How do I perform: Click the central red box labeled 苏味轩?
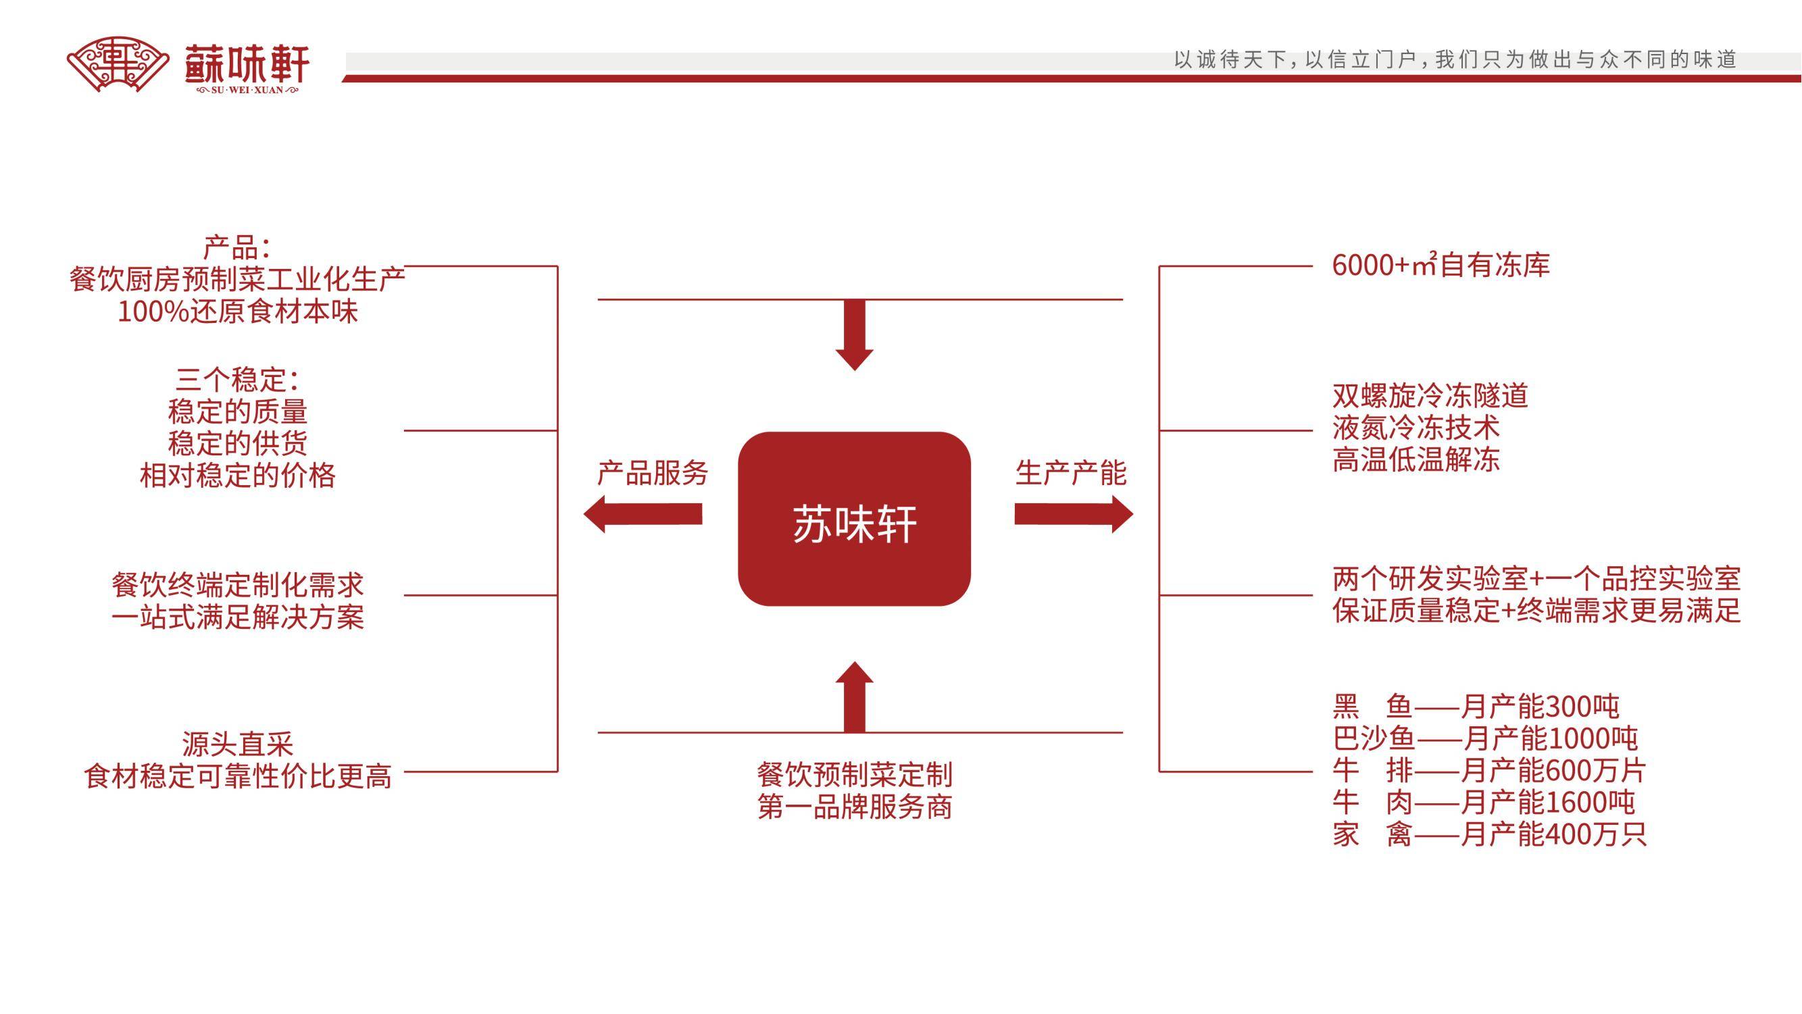pyautogui.click(x=854, y=519)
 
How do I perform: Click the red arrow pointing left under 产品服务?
pyautogui.click(x=643, y=514)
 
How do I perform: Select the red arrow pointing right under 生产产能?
pyautogui.click(x=1073, y=514)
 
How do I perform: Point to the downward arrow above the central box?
pyautogui.click(x=854, y=334)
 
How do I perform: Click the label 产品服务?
pyautogui.click(x=652, y=474)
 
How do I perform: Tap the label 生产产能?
pyautogui.click(x=1070, y=474)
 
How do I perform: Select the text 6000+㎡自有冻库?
pyautogui.click(x=1441, y=265)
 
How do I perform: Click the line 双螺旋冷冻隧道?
pyautogui.click(x=1430, y=396)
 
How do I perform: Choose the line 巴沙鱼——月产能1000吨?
pyautogui.click(x=1484, y=739)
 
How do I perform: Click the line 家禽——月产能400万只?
pyautogui.click(x=1488, y=834)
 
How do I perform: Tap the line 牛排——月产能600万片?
pyautogui.click(x=1488, y=771)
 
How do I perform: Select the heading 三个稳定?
pyautogui.click(x=237, y=380)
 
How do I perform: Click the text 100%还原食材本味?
pyautogui.click(x=237, y=312)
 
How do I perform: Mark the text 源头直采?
pyautogui.click(x=237, y=744)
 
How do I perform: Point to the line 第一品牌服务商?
pyautogui.click(x=854, y=808)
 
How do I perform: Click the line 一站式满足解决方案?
pyautogui.click(x=237, y=617)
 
